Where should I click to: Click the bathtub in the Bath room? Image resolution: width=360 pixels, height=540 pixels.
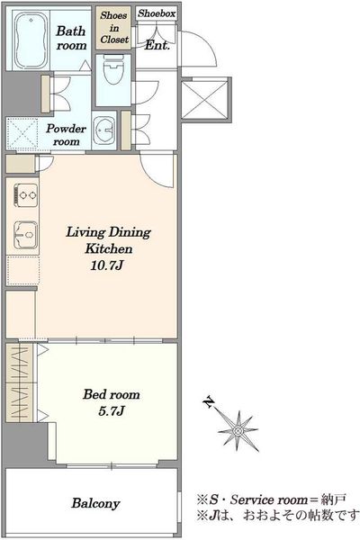coord(31,40)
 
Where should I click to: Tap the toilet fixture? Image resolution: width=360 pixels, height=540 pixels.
coord(112,69)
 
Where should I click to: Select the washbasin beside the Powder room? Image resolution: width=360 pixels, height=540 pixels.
coord(103,130)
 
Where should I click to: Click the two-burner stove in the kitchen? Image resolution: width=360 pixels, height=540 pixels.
coord(26,195)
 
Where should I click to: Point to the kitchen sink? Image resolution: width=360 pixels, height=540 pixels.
coord(25,235)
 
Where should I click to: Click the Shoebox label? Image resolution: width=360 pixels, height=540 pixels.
coord(157,13)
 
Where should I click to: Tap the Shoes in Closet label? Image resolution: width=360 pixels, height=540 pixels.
coord(114,28)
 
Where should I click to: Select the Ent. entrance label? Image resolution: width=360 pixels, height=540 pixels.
coord(157,45)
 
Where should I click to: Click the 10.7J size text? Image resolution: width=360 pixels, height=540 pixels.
coord(107,265)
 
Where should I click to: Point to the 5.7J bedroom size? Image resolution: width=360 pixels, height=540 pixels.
coord(111,411)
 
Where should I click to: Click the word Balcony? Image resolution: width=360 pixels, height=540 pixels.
coord(95,503)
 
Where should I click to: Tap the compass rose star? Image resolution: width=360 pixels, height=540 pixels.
coord(238,430)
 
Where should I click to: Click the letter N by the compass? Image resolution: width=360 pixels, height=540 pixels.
coord(209,401)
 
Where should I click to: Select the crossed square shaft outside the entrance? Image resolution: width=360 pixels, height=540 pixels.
coord(204,100)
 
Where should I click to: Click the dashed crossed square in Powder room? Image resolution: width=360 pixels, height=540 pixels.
coord(22,133)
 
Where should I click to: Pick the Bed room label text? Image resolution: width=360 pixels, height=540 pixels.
coord(112,394)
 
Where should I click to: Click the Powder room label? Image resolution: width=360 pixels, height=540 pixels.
coord(66,135)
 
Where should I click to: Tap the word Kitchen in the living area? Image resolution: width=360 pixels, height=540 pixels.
coord(109,248)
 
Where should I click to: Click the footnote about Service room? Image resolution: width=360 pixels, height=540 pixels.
coord(271,499)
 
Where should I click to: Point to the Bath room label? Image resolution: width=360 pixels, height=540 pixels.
coord(71,38)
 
